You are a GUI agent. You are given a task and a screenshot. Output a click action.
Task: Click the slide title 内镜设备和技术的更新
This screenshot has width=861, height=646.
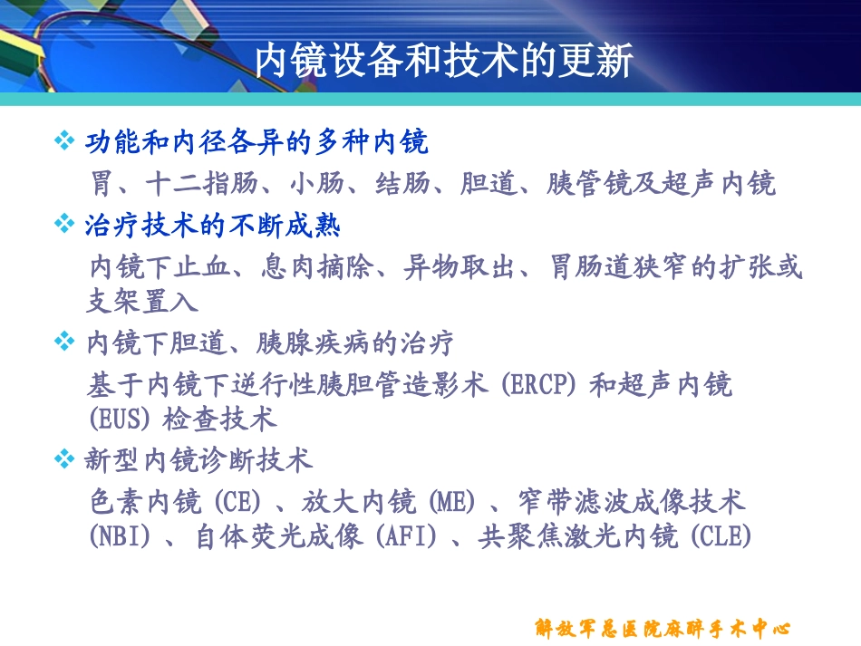coord(443,61)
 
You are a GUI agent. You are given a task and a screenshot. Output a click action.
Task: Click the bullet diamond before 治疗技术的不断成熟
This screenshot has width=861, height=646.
coord(63,224)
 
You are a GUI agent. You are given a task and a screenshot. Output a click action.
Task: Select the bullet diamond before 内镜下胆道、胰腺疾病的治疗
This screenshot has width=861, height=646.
coord(63,342)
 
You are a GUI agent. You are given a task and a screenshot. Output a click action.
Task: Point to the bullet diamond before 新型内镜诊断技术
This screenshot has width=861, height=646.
coord(63,459)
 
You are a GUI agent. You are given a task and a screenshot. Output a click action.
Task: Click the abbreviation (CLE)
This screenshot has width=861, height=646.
coord(721,537)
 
